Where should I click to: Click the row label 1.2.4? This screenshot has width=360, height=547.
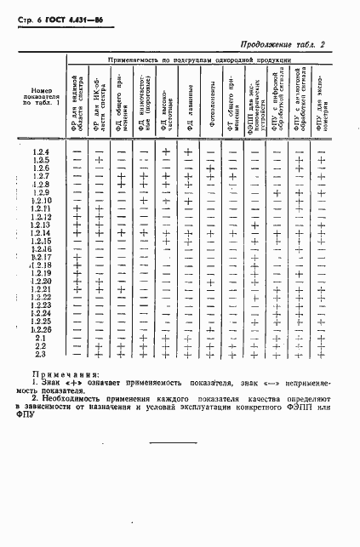41,152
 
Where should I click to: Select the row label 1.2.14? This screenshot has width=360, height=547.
41,232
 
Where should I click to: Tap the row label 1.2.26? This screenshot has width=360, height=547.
41,329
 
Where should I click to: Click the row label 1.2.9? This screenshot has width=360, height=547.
41,192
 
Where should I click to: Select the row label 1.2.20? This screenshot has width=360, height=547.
41,281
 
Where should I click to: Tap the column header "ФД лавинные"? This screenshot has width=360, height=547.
188,103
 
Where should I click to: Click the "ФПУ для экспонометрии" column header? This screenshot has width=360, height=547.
321,103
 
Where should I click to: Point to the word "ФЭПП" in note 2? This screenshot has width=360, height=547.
302,407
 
